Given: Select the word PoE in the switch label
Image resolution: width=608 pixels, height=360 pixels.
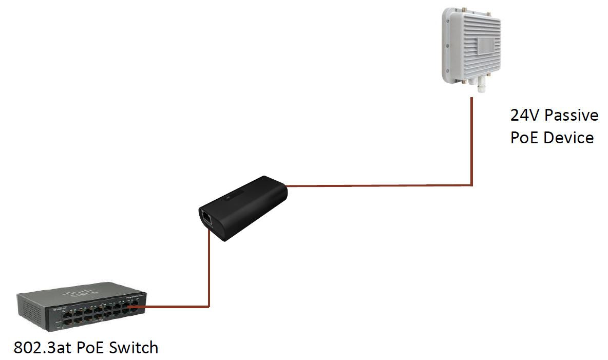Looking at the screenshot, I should [91, 348].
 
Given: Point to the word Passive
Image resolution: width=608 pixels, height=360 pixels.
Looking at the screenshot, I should [571, 116].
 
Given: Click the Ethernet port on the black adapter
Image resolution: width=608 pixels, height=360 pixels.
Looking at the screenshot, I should [206, 217].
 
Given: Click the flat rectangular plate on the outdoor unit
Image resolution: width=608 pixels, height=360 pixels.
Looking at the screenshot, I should [485, 45].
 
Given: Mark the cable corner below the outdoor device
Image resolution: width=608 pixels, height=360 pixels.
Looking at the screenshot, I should [472, 185].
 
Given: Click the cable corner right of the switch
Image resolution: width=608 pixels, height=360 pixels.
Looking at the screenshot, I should [208, 307].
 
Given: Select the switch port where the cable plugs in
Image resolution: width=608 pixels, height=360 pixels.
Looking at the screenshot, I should [134, 308].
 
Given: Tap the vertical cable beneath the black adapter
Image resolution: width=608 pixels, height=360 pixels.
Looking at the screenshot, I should [208, 267].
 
